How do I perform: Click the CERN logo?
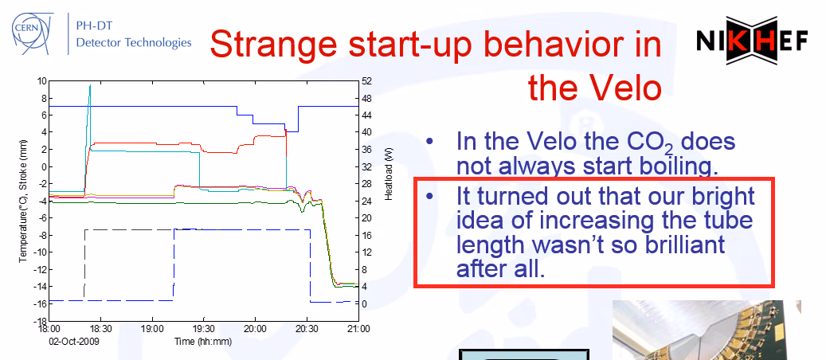point(32,33)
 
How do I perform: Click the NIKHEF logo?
point(752,41)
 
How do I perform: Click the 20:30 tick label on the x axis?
point(307,328)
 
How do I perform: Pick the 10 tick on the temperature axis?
point(41,80)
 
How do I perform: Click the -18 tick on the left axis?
point(41,320)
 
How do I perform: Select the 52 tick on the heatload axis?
point(367,80)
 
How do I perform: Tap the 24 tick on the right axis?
point(367,201)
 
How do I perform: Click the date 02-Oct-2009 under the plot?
point(74,341)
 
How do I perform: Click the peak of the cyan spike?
point(90,85)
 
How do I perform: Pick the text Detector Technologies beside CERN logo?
point(134,43)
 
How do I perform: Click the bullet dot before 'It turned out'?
point(430,196)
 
